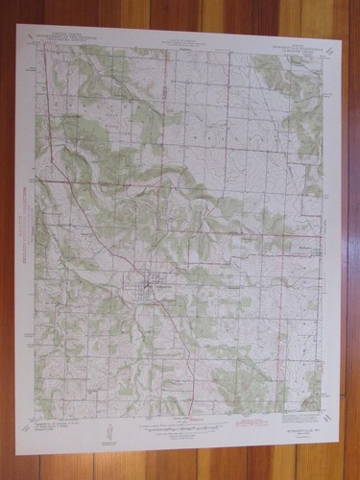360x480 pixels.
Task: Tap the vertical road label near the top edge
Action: [x=165, y=91]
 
